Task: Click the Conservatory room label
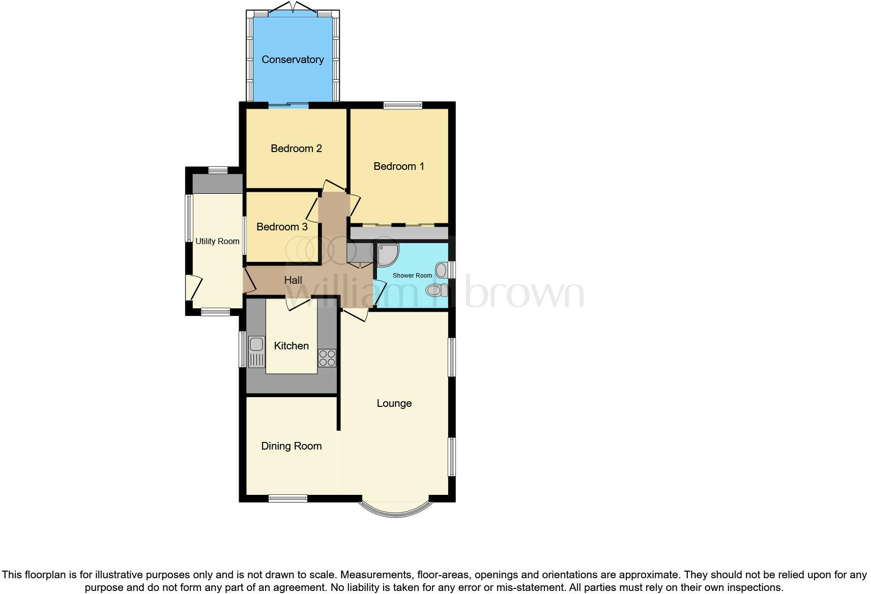click(293, 60)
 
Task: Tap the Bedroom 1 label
click(399, 166)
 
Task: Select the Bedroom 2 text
click(296, 148)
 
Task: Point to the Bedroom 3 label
click(282, 227)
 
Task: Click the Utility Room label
click(217, 241)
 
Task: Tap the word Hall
click(293, 280)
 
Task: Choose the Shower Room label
click(412, 276)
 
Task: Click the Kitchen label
click(291, 346)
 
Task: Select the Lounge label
click(394, 403)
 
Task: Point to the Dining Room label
click(291, 446)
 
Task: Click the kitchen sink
click(256, 351)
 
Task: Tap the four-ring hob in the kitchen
click(327, 358)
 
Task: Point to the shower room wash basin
click(442, 270)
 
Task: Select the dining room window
click(288, 498)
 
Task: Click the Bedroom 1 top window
click(403, 106)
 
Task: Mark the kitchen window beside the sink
click(242, 349)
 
